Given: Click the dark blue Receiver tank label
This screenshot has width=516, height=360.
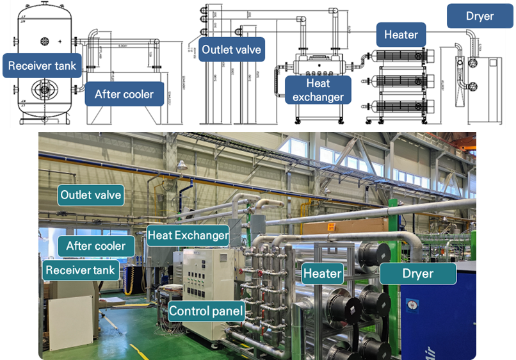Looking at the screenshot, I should point(42,65).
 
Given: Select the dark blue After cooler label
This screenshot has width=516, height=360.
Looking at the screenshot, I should point(124,94).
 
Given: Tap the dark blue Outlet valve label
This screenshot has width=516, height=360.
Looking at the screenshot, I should point(232,49).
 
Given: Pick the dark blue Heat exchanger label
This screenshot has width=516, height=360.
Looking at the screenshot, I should point(318,89).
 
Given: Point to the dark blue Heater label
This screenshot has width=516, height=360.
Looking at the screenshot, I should point(401,35).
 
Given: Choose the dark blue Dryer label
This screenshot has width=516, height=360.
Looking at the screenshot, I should point(480,16).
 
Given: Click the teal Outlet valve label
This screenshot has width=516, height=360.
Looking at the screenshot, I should point(90,195).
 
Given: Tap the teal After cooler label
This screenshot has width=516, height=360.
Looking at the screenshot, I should point(101,245).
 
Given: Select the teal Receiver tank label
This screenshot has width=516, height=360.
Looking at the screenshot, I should point(81,270).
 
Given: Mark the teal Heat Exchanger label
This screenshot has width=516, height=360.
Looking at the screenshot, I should point(188,235).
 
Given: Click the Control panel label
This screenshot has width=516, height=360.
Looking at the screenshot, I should point(207,312).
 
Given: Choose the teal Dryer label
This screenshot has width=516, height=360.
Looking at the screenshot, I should point(418,274).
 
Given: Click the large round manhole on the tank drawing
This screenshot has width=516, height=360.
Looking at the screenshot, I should point(44,88).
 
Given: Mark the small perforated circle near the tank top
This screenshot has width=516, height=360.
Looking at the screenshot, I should point(44,41).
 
